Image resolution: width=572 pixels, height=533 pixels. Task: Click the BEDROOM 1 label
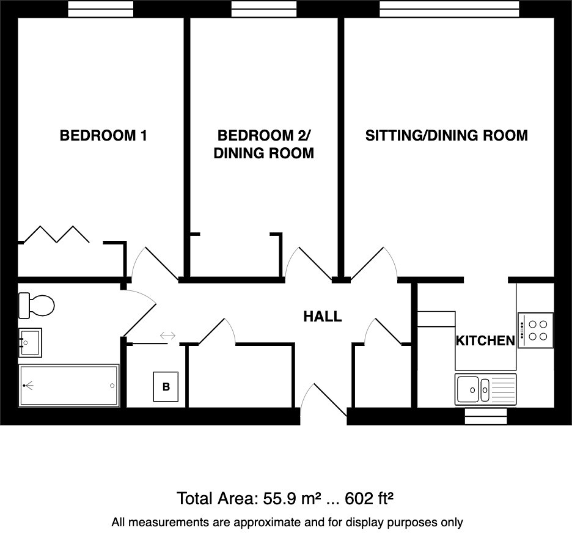pos(103,135)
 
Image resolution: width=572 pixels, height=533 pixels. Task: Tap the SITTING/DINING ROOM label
pos(446,135)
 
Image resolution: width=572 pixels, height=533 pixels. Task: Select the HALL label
pos(322,317)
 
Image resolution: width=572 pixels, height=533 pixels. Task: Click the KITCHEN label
pos(485,341)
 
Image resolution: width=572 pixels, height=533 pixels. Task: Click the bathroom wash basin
pos(30,342)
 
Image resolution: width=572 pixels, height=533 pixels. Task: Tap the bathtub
pos(68,386)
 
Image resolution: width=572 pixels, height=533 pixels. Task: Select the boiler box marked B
pos(166,387)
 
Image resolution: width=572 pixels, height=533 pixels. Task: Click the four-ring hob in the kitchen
pos(536,330)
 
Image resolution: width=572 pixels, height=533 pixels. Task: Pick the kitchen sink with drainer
pos(485,388)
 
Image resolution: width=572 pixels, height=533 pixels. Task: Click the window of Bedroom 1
pos(100,9)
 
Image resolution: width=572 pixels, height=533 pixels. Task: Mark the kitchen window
pos(486,416)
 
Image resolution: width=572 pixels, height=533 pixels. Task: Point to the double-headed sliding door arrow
pos(167,336)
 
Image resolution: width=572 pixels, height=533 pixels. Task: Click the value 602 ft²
pos(369,498)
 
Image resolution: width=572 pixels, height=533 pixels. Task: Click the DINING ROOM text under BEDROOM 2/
pos(263,153)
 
